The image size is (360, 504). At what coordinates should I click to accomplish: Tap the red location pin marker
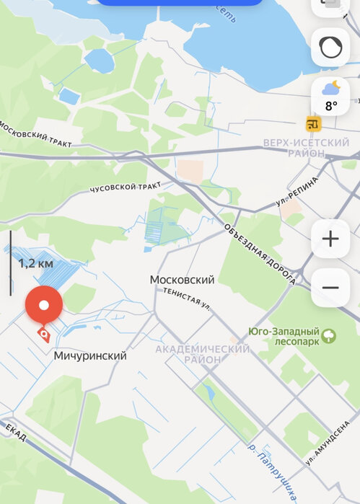44,305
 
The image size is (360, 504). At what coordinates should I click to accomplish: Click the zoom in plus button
330,239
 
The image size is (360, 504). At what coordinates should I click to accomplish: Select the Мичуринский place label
90,355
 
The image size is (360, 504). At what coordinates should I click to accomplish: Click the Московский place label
183,279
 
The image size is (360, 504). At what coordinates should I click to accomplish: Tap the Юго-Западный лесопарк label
284,337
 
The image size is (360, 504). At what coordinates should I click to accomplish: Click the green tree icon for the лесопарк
329,336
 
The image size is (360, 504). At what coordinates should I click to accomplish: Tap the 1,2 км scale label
35,263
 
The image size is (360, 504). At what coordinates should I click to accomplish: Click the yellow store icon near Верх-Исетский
313,124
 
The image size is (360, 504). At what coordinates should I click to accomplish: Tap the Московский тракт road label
35,135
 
